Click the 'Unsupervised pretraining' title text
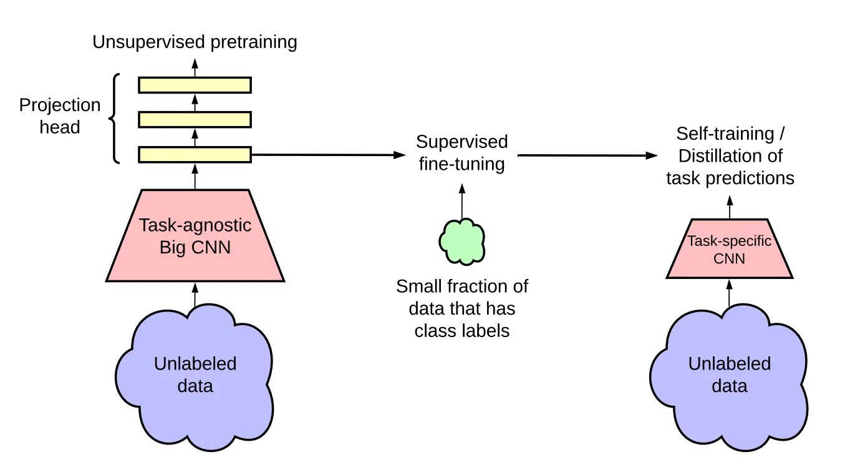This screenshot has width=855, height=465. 195,42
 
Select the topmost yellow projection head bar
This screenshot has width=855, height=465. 195,85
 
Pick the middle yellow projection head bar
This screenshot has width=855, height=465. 195,120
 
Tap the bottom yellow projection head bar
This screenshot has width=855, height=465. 195,155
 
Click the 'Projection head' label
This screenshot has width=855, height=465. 60,115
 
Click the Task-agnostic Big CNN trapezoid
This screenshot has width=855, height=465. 195,235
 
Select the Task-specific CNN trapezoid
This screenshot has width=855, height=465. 730,249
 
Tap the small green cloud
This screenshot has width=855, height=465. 462,242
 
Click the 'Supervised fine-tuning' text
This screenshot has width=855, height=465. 462,153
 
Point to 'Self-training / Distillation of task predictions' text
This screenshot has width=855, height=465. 730,156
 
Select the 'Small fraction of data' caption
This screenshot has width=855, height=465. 462,308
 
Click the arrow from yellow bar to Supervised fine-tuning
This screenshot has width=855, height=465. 329,155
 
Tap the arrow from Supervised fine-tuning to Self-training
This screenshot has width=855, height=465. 588,155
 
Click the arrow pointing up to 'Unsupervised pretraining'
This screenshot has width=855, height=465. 195,68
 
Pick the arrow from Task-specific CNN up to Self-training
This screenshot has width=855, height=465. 730,207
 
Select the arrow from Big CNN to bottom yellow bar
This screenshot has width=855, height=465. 195,177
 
